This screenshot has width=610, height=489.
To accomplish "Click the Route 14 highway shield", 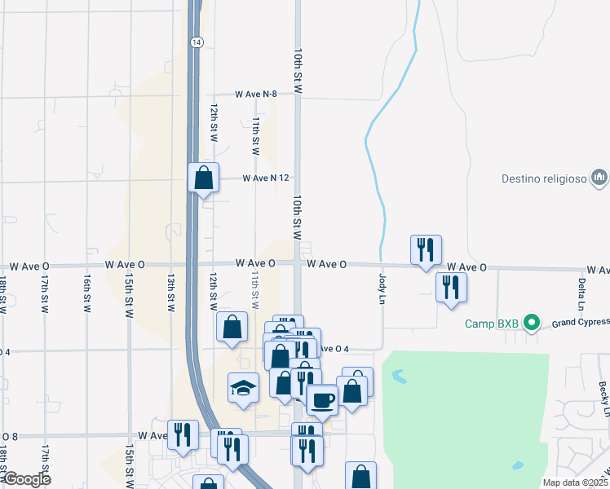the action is tap(196, 42).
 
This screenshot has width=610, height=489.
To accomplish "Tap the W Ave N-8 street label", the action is tap(256, 95).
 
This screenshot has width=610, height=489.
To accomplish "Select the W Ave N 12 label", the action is tap(267, 178).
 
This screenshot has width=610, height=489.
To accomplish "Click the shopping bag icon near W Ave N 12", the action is tap(204, 177).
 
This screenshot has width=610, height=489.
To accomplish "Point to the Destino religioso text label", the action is tap(543, 177).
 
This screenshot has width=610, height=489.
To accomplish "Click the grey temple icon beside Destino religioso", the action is tap(599, 176).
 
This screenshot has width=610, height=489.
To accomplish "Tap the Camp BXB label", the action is tap(493, 324).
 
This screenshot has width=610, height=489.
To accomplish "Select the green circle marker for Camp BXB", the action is tap(532, 324).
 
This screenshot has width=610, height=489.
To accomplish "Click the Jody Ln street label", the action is tap(382, 289).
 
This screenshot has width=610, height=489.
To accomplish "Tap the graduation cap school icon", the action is tap(243, 387).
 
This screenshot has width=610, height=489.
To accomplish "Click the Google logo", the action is tap(28, 479).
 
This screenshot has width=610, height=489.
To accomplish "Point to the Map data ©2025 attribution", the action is tap(575, 482).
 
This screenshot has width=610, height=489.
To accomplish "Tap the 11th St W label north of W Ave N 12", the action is tap(255, 135).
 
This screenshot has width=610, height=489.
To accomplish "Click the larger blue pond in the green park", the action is tap(398, 377).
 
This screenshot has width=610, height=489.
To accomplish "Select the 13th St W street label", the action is tap(171, 292).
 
